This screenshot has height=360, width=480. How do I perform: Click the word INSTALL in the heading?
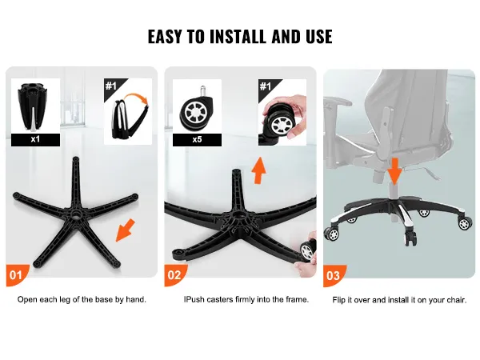238,37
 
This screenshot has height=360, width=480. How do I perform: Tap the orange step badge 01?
16,275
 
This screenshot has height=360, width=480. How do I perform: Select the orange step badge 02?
174,275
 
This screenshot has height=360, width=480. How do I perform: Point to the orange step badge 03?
334,275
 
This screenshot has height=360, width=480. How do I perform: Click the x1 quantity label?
35,139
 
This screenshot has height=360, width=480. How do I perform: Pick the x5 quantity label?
197,139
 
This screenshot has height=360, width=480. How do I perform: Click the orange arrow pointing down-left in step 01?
126,230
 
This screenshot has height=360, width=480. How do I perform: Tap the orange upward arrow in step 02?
259,170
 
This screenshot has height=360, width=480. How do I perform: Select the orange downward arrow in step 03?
395,171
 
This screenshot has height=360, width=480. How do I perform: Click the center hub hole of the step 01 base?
75,214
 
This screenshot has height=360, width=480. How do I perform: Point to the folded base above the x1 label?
31,106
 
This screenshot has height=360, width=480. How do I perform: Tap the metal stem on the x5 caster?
202,91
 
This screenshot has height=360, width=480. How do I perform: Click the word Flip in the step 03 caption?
338,300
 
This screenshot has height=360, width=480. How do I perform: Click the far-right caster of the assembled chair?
465,223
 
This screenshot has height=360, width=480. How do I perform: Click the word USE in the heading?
319,37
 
